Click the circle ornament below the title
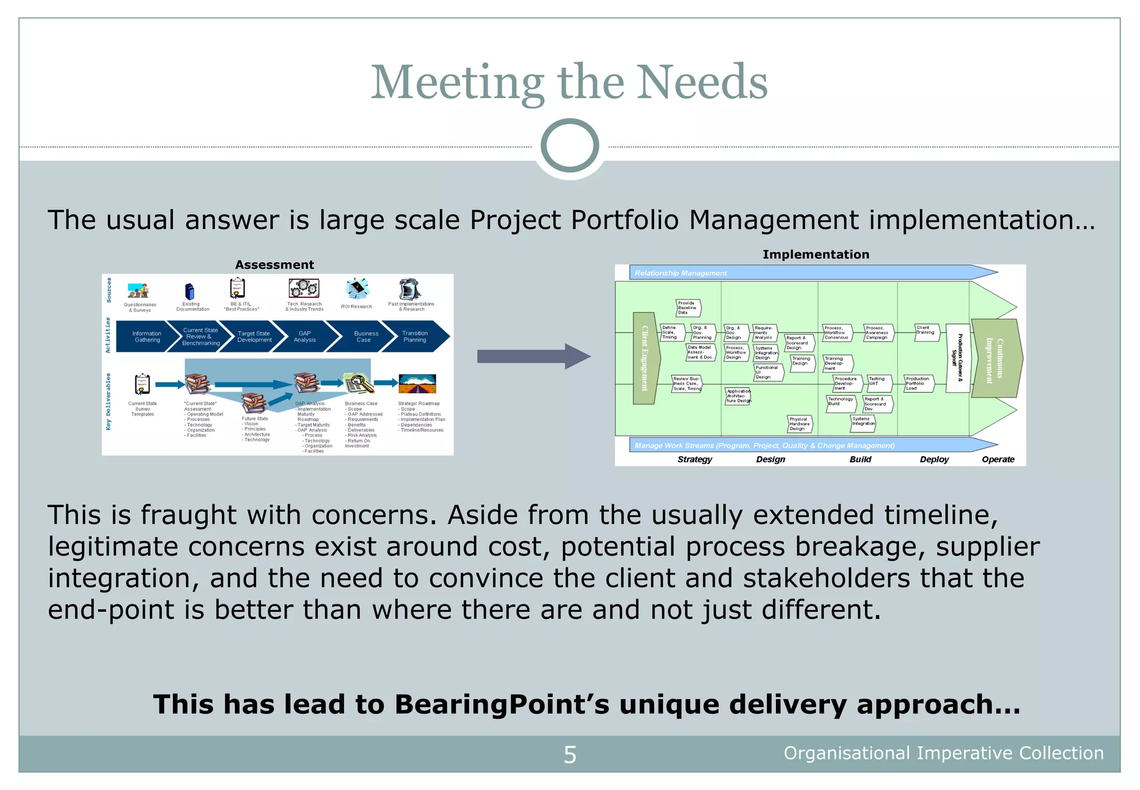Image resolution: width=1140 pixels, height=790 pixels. [x=569, y=146]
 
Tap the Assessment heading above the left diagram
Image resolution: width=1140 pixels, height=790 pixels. [x=274, y=265]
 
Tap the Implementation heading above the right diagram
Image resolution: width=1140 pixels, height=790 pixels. [x=815, y=255]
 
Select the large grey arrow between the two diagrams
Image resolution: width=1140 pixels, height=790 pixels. [x=533, y=357]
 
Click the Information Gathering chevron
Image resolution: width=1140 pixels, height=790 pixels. [x=146, y=337]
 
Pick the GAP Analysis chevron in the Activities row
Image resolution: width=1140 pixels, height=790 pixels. [x=304, y=337]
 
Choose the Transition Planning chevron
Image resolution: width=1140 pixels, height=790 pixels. [x=415, y=337]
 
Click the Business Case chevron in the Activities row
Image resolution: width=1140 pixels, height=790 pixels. [x=365, y=337]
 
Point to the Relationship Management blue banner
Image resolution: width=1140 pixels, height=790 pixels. [x=807, y=272]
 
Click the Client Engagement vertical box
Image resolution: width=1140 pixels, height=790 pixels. [x=645, y=358]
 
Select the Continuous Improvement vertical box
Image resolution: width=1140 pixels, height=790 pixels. [x=995, y=358]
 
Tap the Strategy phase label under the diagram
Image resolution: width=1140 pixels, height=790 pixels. [x=695, y=459]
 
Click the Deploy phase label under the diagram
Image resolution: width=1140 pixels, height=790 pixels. [x=934, y=459]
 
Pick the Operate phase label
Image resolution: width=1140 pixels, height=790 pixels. [x=997, y=459]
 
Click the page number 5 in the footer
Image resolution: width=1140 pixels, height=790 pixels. [x=570, y=755]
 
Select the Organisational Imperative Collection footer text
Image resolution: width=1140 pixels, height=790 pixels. [x=944, y=753]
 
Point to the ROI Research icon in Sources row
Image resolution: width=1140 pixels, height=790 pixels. [x=357, y=289]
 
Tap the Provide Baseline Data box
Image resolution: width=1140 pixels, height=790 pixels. [x=687, y=308]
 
